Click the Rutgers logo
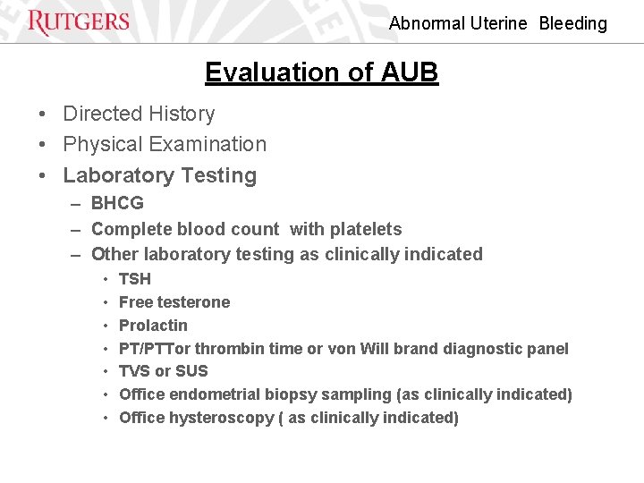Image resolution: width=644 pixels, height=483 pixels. pyautogui.click(x=79, y=22)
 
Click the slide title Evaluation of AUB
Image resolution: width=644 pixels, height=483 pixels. pyautogui.click(x=321, y=72)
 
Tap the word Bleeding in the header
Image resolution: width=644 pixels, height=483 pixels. pyautogui.click(x=572, y=24)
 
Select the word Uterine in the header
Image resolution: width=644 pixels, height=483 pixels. pyautogui.click(x=497, y=24)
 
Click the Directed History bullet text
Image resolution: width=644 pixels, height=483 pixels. pyautogui.click(x=139, y=114)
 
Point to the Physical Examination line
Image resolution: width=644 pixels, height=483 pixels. pyautogui.click(x=165, y=145)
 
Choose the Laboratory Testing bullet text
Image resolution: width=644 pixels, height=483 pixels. pyautogui.click(x=159, y=176)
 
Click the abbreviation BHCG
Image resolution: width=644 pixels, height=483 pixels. pyautogui.click(x=117, y=204)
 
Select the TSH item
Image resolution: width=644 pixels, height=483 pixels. pyautogui.click(x=135, y=279)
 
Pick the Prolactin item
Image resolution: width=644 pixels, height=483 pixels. pyautogui.click(x=153, y=326)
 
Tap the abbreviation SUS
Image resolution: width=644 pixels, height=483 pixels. pyautogui.click(x=191, y=371)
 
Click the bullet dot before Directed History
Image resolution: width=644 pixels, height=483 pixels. pyautogui.click(x=43, y=114)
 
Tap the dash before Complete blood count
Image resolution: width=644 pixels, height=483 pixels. pyautogui.click(x=76, y=230)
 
